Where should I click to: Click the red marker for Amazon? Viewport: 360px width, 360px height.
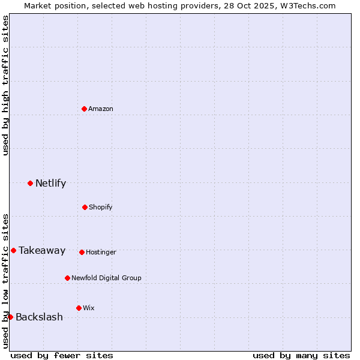coord(85,109)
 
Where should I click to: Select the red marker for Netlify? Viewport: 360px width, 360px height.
coord(30,183)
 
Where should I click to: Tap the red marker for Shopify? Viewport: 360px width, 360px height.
coord(85,207)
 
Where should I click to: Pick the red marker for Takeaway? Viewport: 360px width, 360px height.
coord(13,250)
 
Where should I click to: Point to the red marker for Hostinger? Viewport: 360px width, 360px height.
coord(82,252)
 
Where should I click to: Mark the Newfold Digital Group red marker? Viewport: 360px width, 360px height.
coord(67,278)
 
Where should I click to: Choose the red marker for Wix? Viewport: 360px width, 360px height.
coord(79,308)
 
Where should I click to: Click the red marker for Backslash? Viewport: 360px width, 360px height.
coord(10,317)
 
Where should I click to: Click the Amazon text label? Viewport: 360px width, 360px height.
coord(101,109)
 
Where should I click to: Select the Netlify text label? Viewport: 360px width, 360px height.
coord(50,184)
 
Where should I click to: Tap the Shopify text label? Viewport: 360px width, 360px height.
coord(101,207)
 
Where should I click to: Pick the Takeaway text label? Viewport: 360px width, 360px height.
coord(42,251)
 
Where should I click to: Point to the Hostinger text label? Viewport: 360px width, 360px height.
coord(101,252)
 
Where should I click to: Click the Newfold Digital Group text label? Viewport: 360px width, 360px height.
coord(106,278)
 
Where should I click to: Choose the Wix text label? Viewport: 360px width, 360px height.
coord(89,308)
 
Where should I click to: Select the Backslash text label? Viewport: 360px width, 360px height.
coord(39,317)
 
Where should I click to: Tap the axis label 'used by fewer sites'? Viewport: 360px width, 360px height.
coord(62,355)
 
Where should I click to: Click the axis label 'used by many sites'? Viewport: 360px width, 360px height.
coord(301,355)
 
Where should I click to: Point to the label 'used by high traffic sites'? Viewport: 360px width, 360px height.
coord(6,85)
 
